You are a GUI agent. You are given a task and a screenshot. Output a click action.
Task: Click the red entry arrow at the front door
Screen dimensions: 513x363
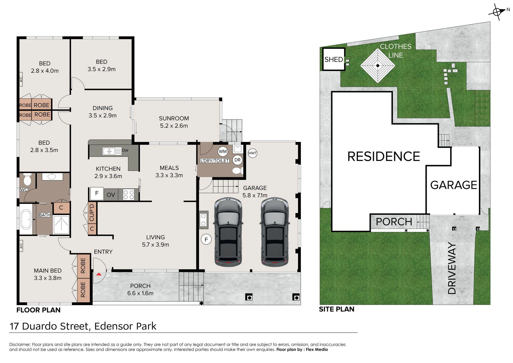[x=99, y=274]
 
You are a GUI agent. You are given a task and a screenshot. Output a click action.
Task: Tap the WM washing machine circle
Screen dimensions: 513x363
[x=223, y=151]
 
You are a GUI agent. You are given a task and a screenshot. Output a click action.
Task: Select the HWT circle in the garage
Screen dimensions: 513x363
[x=252, y=153]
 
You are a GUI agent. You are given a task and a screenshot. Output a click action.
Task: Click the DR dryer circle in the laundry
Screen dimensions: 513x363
[x=237, y=160]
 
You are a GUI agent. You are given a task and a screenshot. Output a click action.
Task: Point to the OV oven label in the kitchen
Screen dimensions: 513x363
[x=111, y=195]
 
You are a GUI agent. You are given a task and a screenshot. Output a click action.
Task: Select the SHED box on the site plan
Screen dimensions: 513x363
[x=334, y=59]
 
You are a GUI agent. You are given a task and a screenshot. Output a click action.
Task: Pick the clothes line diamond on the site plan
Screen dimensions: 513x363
[x=378, y=66]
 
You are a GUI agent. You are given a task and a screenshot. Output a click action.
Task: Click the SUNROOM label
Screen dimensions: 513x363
[x=174, y=118]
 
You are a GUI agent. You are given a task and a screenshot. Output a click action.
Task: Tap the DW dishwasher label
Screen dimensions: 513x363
[x=125, y=150]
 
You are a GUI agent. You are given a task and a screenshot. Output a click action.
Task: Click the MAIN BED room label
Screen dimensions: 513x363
[x=48, y=271]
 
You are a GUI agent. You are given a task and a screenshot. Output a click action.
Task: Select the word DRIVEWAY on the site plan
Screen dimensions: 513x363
[x=452, y=268]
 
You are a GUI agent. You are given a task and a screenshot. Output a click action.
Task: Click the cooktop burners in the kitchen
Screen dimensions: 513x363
[x=129, y=195]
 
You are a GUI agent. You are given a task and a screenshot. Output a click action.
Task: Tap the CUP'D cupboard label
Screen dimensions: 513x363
[x=92, y=213]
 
